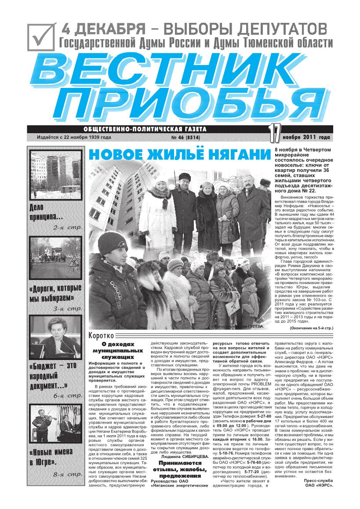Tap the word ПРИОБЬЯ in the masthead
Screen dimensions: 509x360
coord(185,105)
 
